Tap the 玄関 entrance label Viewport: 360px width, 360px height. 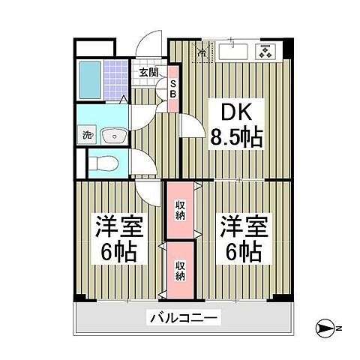148,73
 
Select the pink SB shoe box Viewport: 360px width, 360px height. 172,89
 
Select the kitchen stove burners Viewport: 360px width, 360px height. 264,52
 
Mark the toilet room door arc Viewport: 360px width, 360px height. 141,163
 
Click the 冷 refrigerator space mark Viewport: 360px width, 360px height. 200,52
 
